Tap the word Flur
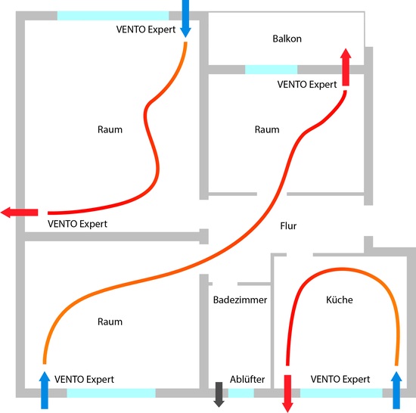pyautogui.click(x=289, y=225)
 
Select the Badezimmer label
pyautogui.click(x=240, y=300)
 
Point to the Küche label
pyautogui.click(x=340, y=300)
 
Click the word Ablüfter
pyautogui.click(x=247, y=378)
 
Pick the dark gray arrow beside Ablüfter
pyautogui.click(x=219, y=393)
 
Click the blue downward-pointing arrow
pyautogui.click(x=185, y=19)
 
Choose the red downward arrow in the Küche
pyautogui.click(x=287, y=392)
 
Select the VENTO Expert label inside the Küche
pyautogui.click(x=340, y=378)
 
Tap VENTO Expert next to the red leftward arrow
pyautogui.click(x=77, y=225)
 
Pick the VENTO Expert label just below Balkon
pyautogui.click(x=307, y=85)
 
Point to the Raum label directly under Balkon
pyautogui.click(x=267, y=129)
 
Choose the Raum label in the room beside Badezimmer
pyautogui.click(x=110, y=322)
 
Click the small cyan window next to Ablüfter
pyautogui.click(x=241, y=393)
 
